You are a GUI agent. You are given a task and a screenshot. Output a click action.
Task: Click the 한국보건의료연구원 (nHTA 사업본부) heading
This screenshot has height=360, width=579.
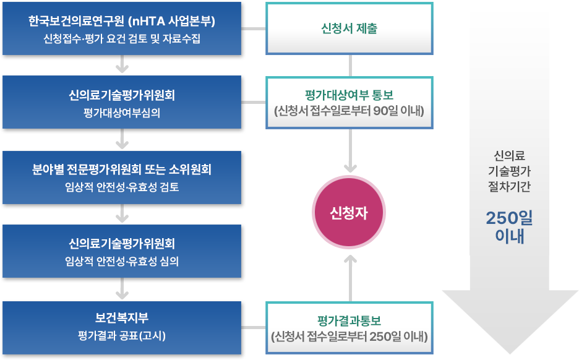point(122,22)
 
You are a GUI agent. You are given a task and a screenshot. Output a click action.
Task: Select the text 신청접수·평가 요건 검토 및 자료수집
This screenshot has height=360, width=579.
point(122,38)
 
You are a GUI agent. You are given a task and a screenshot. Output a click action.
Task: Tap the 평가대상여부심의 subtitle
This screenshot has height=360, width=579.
point(122,113)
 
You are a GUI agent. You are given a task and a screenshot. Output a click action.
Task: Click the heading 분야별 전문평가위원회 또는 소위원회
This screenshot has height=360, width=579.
point(122,169)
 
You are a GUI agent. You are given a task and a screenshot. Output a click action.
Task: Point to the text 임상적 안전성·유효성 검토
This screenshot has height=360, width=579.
point(122,186)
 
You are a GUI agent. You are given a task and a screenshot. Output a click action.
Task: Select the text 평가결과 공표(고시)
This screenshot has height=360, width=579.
point(122,335)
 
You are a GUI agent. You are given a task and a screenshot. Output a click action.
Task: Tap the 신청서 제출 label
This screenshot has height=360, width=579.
point(350,28)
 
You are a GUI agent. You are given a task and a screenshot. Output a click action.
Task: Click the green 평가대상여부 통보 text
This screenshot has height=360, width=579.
point(350,95)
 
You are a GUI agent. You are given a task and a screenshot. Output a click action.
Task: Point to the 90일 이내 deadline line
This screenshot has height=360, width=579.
point(350,111)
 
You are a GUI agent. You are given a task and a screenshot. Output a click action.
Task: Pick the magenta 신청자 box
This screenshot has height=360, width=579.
point(351,212)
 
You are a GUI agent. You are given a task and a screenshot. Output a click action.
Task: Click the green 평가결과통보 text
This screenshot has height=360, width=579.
point(350,320)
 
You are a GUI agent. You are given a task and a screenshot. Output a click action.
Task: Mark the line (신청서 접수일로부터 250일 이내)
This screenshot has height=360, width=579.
point(350,337)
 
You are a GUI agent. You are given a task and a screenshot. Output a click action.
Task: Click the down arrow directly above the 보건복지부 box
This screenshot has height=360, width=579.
point(122,286)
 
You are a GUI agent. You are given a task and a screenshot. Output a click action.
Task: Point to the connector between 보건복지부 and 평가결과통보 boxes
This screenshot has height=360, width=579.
point(255,328)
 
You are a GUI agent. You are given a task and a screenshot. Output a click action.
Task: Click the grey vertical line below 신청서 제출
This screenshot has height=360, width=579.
point(351,66)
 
